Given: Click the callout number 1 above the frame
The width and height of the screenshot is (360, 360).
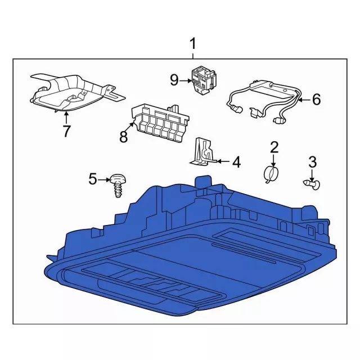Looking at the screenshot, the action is [193, 44].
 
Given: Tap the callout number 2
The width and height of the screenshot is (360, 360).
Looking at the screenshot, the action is [274, 147].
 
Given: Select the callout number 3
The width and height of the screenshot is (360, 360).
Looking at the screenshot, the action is [312, 162].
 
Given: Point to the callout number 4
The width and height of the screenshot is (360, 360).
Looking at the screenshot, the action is [236, 162].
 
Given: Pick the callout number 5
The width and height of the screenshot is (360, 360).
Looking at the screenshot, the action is [93, 179].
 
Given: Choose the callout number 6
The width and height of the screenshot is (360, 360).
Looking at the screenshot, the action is [317, 100].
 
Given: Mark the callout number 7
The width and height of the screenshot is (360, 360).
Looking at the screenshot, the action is [66, 131].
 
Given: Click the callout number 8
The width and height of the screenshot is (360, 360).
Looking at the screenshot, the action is [124, 137].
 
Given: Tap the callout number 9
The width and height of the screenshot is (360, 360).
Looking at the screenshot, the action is [174, 80].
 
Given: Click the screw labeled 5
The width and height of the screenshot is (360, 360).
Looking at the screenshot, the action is [119, 186].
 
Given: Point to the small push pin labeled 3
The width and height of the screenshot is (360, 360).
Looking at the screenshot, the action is [312, 184].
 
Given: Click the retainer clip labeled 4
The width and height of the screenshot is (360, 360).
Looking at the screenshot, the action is [203, 152].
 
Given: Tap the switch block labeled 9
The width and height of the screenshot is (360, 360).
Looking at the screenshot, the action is [204, 79].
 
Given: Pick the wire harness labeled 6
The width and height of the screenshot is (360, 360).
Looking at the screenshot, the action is [264, 101].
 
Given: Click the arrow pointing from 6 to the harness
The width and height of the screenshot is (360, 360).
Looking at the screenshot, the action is [305, 100].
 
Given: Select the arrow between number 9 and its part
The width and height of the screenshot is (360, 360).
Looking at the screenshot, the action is [186, 80].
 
